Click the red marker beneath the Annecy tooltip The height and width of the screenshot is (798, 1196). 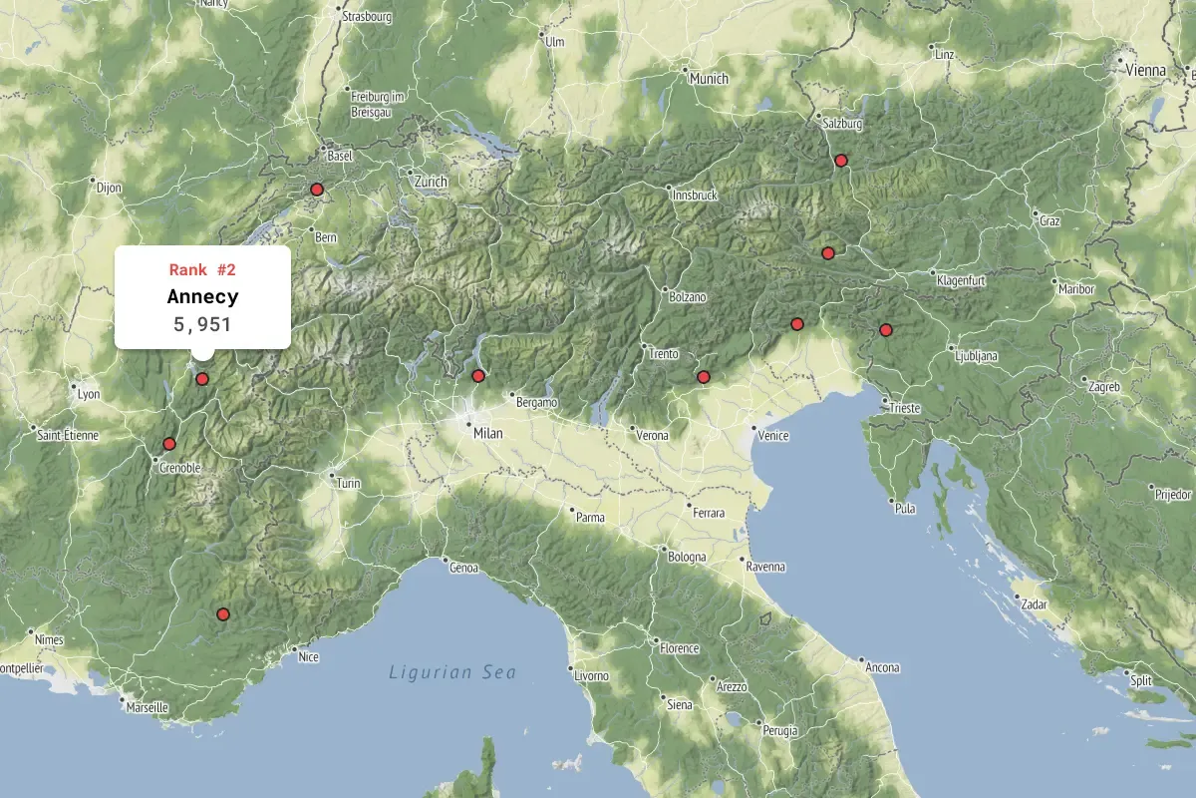point(202,379)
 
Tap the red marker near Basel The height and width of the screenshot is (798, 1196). point(317,190)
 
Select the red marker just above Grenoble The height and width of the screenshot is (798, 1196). point(169,444)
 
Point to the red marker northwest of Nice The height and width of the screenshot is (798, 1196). point(223,614)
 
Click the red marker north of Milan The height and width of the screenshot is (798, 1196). point(478,376)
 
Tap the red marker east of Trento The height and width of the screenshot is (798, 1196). point(704,377)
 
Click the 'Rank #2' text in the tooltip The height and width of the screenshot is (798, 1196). point(202,269)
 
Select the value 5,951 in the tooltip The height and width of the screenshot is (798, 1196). point(202,323)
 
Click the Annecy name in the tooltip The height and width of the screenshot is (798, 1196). point(202,296)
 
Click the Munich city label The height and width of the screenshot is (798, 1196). point(708,79)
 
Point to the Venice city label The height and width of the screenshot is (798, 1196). point(773,436)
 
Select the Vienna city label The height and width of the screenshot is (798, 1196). point(1145,70)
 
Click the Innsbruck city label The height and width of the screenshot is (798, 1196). point(696,196)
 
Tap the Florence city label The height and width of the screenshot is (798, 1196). point(679,648)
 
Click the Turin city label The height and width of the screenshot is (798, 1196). point(349,484)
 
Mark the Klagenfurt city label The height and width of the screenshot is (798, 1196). point(961,281)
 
